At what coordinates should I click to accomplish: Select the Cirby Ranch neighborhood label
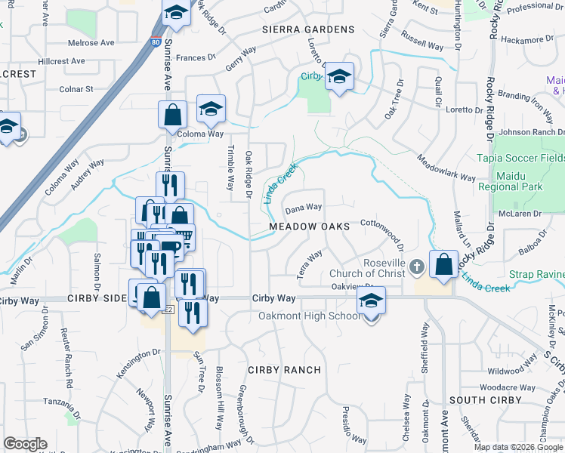284,370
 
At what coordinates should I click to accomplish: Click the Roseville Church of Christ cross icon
417,267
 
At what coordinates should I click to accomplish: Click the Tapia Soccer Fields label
520,158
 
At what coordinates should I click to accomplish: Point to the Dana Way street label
304,207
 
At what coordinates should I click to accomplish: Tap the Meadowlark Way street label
446,168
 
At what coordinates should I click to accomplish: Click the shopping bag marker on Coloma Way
173,116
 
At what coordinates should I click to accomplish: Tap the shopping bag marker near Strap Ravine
443,265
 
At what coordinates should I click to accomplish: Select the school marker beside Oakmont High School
370,300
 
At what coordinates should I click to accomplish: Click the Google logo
25,444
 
